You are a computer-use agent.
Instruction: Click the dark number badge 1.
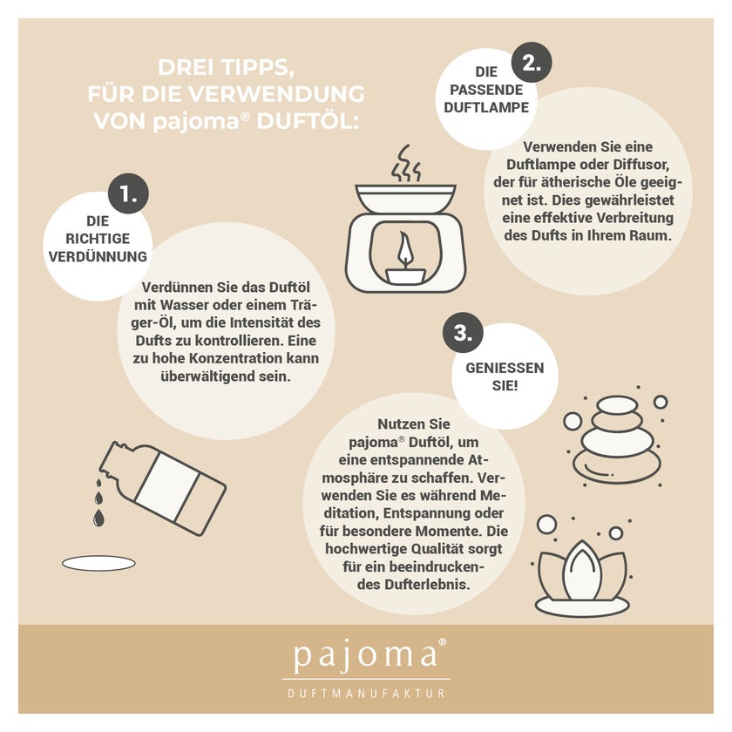[x=128, y=193]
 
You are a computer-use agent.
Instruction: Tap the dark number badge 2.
[x=532, y=62]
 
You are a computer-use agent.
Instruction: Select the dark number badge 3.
[x=463, y=333]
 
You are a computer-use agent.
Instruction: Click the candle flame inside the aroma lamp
[x=404, y=250]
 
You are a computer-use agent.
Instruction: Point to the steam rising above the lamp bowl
[x=406, y=164]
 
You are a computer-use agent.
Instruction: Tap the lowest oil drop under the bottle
[x=98, y=518]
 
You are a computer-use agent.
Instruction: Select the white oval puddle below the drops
[x=99, y=564]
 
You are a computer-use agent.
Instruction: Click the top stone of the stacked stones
[x=617, y=404]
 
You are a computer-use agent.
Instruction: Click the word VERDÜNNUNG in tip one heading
[x=98, y=256]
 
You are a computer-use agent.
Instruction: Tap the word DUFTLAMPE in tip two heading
[x=486, y=107]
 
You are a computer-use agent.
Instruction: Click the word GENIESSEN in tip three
[x=505, y=368]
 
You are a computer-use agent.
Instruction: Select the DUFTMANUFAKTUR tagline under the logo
[x=367, y=694]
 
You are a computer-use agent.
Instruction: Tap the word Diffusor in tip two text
[x=641, y=165]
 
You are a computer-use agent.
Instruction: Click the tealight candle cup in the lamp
[x=404, y=275]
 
